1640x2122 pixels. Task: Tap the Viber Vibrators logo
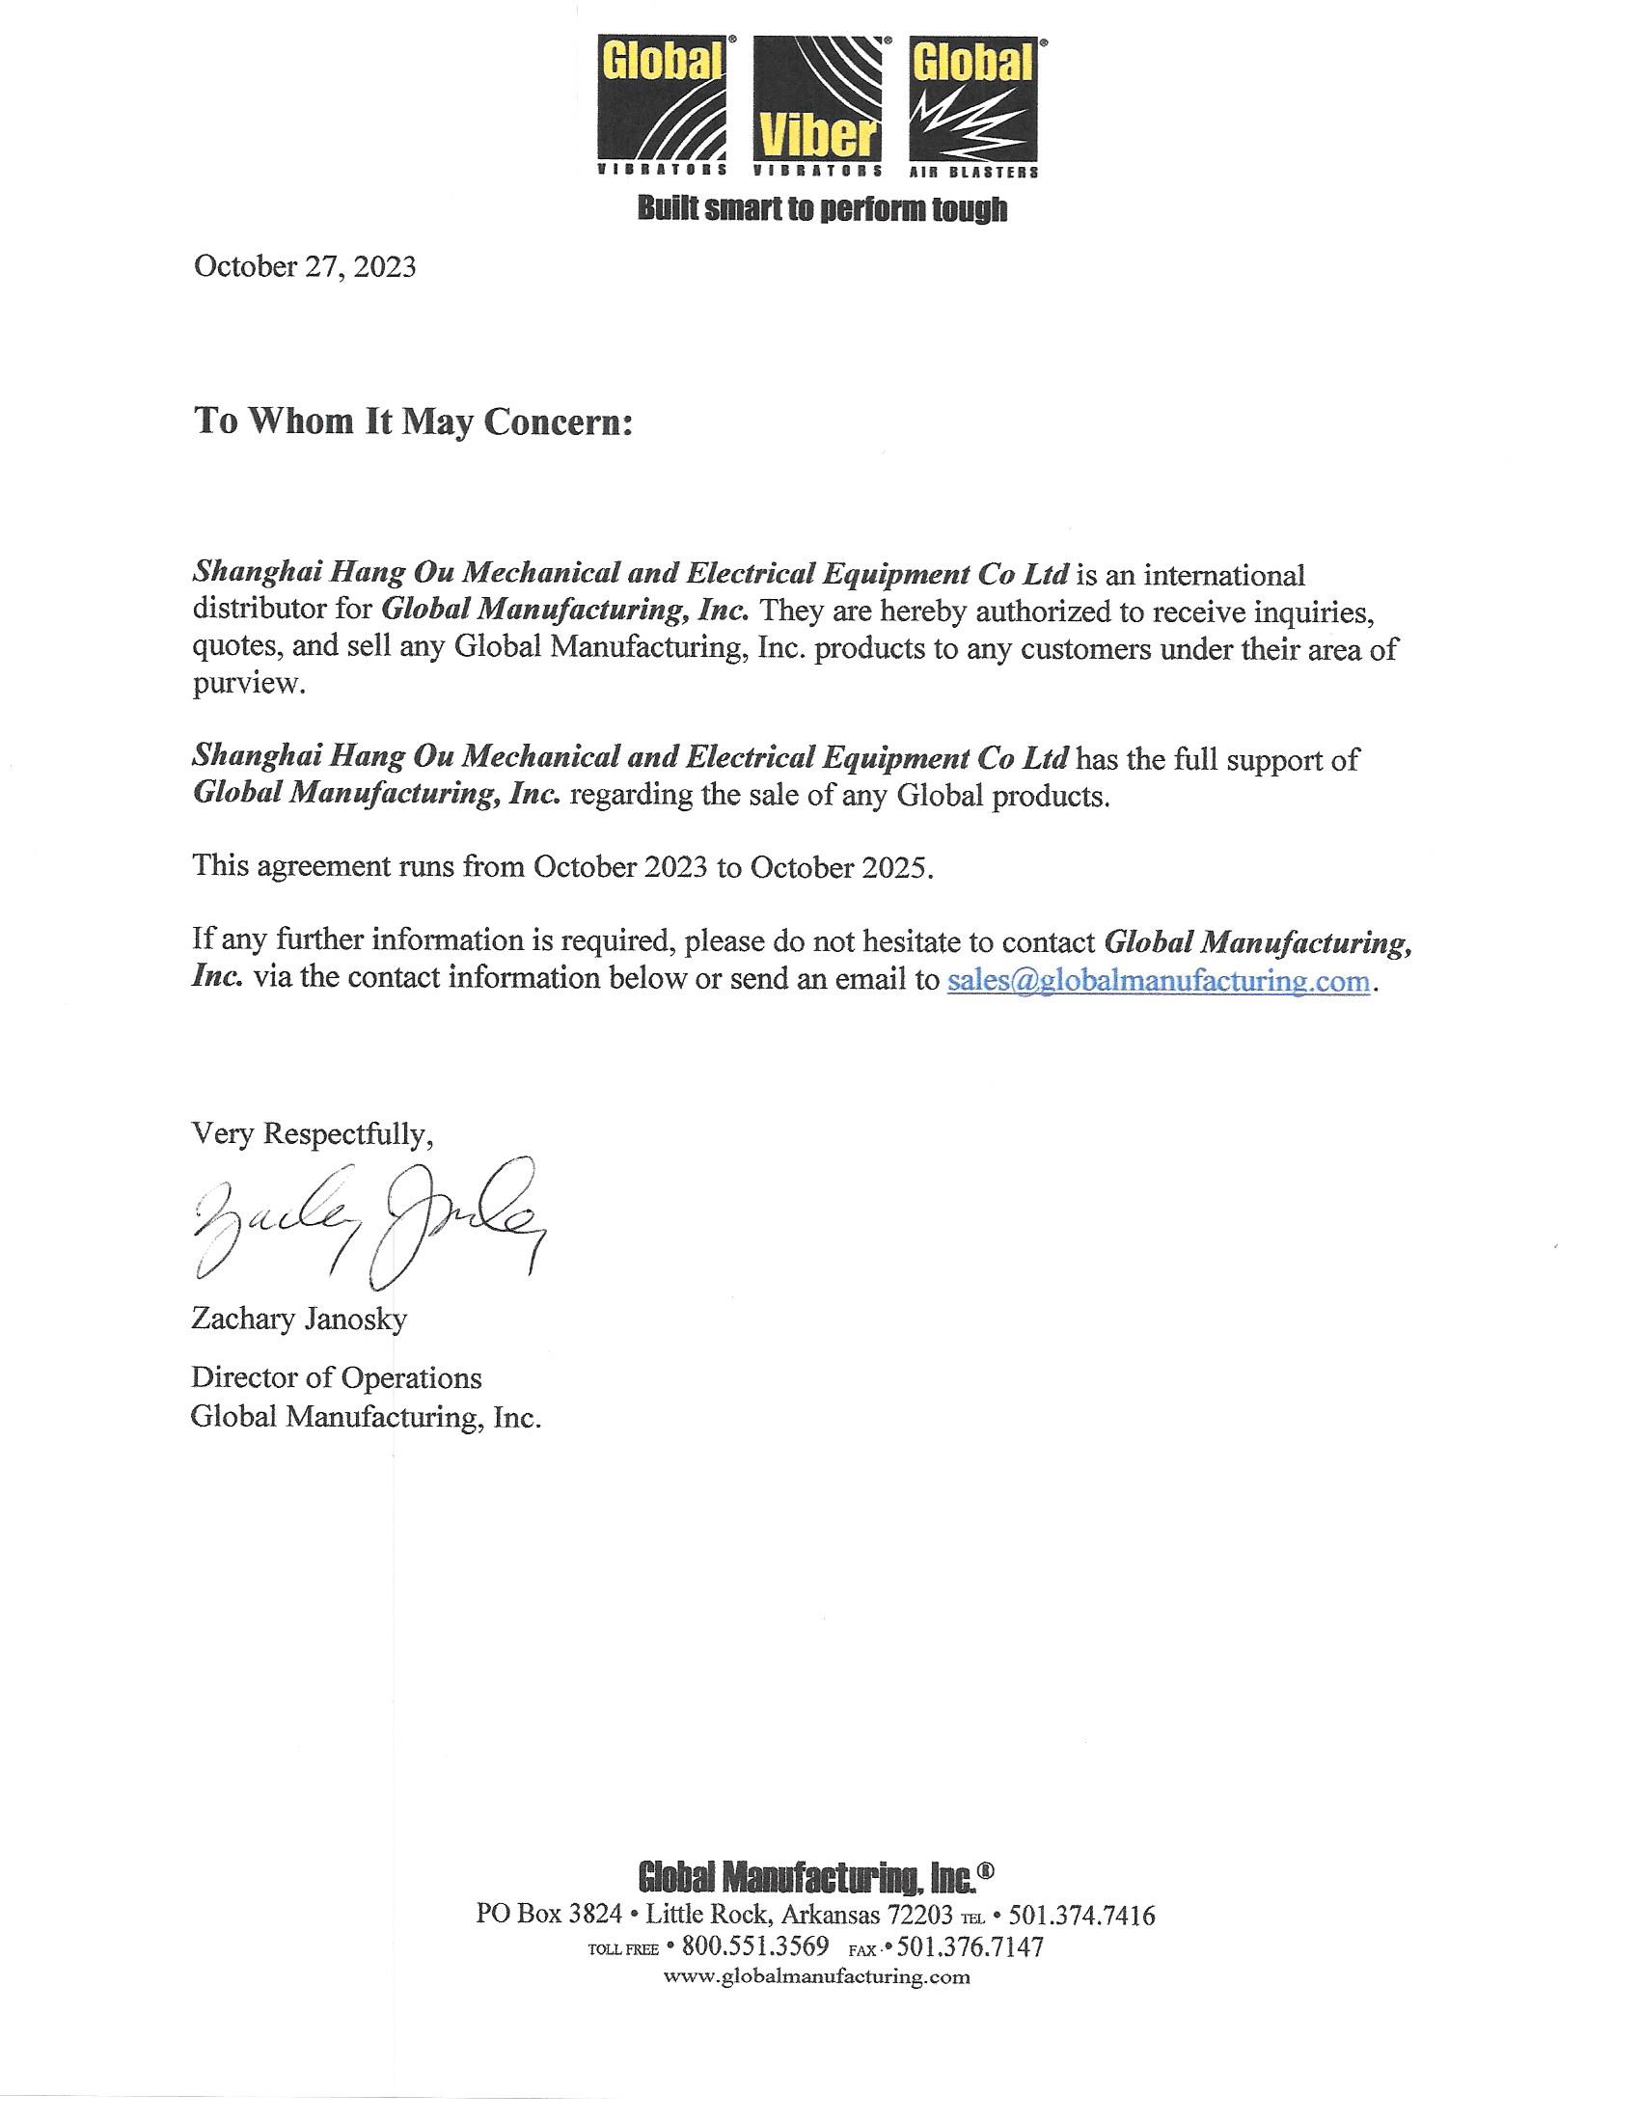pos(818,105)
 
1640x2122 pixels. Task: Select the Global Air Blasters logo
pos(973,105)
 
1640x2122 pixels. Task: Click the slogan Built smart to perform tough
pos(821,209)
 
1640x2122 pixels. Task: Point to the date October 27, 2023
pos(305,266)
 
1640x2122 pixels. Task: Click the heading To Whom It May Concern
pos(413,422)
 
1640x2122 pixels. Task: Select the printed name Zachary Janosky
pos(299,1319)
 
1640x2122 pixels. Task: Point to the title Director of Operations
pos(336,1377)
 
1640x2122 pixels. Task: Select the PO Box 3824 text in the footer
pos(548,1915)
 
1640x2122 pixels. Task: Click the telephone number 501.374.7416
pos(1082,1915)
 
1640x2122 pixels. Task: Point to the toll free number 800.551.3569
pos(755,1946)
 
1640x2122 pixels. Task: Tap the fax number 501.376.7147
pos(970,1946)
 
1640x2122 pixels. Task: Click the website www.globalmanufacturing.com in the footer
pos(816,1976)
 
